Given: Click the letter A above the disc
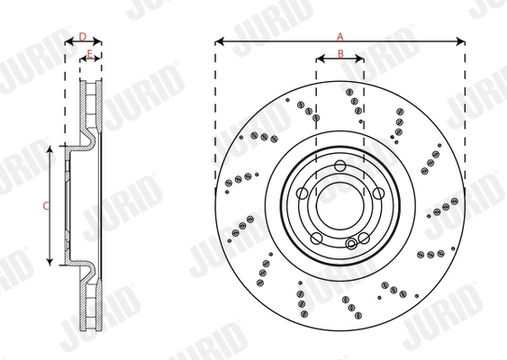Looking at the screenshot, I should point(340,36).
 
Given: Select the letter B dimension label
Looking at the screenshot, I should point(340,54).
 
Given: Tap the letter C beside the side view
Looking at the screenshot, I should point(45,205).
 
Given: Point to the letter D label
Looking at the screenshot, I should point(82,36).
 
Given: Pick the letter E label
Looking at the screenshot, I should point(89,55).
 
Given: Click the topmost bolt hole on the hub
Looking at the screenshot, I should point(340,166).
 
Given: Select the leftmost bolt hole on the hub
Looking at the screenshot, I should point(303,193).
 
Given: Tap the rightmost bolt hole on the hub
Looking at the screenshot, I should point(377,193).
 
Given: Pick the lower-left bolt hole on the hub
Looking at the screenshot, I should point(316,237).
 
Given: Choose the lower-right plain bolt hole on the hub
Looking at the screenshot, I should point(363,237).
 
